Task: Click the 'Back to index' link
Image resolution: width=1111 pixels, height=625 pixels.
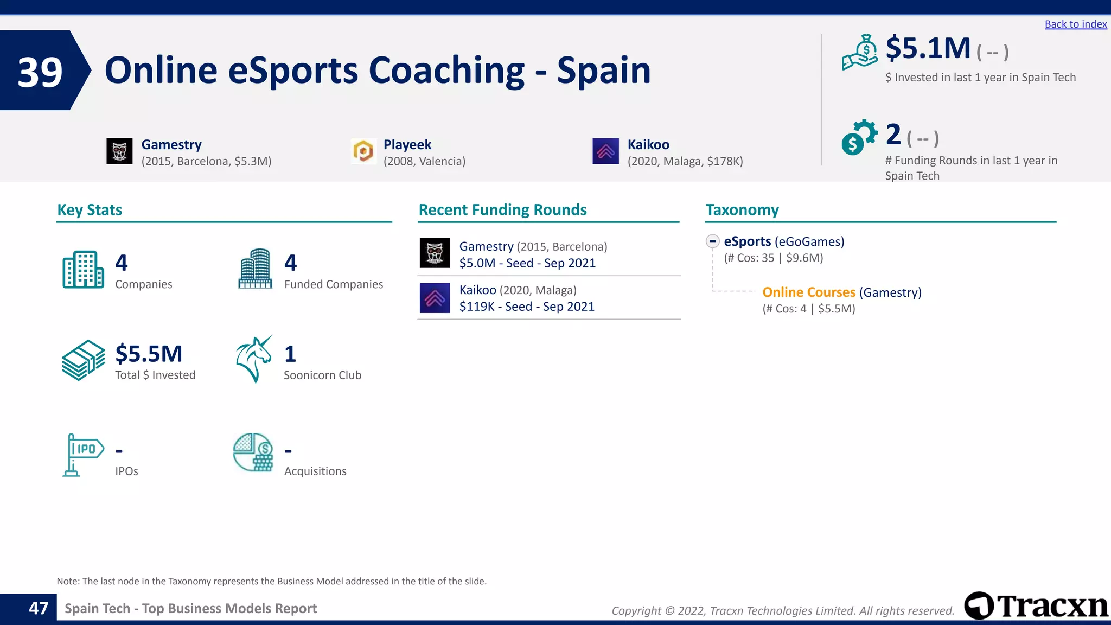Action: click(1075, 24)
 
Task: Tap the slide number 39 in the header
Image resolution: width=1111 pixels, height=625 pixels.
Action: click(40, 72)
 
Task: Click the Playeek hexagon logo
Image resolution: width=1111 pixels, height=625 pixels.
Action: click(363, 151)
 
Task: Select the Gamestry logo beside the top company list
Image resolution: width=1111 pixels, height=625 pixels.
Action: click(119, 151)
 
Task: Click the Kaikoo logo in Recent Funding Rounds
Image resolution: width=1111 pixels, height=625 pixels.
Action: click(435, 298)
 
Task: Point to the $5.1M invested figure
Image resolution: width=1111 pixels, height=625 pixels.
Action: click(928, 48)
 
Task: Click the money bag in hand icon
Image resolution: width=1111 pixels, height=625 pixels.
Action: click(860, 53)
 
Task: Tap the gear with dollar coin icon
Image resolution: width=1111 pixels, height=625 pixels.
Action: click(859, 137)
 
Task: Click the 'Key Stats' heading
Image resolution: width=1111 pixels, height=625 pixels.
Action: click(90, 210)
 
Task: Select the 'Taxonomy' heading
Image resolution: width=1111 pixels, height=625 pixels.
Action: click(742, 210)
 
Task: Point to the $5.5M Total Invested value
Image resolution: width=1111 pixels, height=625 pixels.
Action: click(149, 354)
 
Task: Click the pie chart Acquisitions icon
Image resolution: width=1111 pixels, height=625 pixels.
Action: click(253, 452)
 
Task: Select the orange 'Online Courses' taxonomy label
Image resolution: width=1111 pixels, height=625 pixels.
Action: click(808, 292)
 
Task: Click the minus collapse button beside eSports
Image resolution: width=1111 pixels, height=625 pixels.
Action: click(712, 241)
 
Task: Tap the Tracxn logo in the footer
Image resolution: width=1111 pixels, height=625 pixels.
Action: click(1036, 606)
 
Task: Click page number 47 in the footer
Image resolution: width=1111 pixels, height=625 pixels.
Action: click(39, 608)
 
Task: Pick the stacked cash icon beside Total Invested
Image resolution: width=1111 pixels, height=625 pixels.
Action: click(83, 360)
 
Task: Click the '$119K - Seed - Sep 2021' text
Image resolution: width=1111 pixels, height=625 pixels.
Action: click(527, 307)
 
